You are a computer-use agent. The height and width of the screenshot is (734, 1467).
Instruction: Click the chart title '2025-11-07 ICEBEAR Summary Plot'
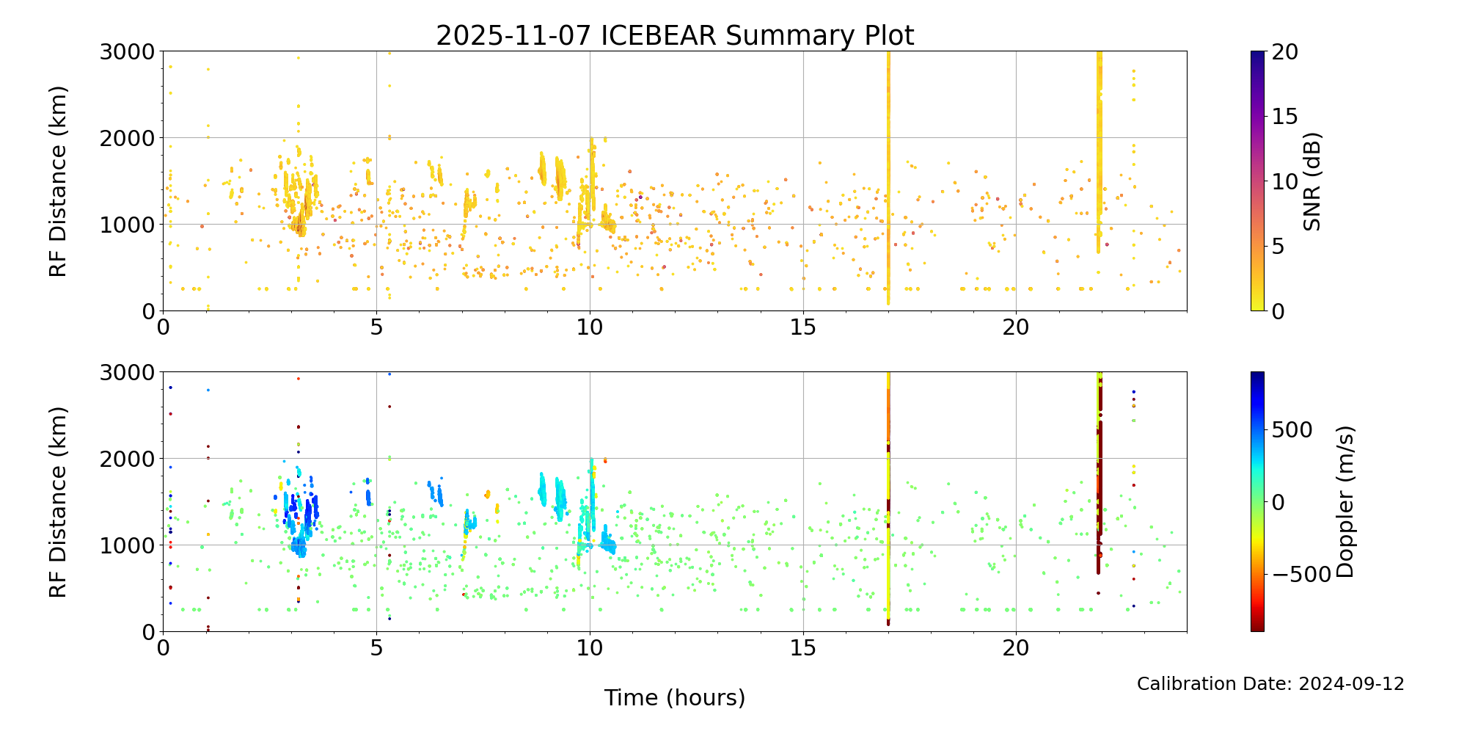675,35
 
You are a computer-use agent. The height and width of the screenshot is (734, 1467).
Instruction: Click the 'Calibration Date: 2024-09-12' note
1270,684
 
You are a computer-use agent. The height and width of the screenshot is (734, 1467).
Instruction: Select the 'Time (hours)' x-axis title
675,697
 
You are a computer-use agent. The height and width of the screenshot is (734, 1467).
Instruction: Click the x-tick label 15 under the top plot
803,327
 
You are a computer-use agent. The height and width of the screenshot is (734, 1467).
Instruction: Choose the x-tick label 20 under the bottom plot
1016,647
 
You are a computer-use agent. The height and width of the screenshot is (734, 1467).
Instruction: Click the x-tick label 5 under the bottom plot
376,647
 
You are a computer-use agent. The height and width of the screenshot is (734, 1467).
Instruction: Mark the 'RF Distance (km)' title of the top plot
58,181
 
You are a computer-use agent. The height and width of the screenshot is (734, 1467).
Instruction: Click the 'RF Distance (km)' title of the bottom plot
58,502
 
